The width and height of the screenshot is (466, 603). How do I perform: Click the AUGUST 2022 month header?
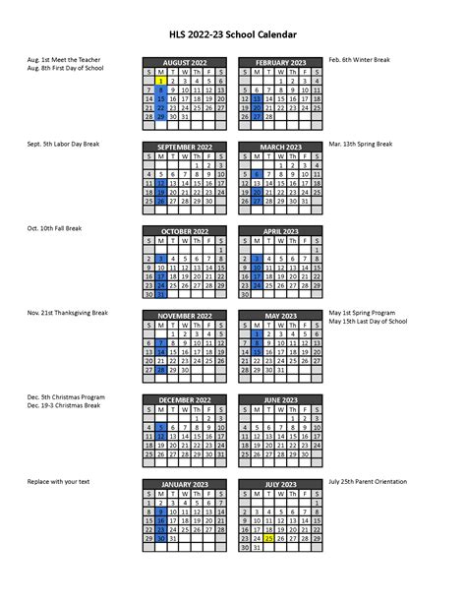[185, 62]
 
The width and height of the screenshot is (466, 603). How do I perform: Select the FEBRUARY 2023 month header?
[280, 62]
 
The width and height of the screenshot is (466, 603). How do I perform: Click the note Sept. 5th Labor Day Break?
[63, 145]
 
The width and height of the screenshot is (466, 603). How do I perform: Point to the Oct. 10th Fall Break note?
[55, 228]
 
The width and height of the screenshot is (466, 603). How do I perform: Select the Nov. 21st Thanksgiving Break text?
[68, 313]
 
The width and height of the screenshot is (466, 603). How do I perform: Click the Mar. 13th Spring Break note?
[361, 145]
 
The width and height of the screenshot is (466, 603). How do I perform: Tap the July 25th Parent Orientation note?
[369, 482]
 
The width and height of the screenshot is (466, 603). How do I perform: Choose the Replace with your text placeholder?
[58, 482]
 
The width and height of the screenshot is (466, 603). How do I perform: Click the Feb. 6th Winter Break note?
[359, 60]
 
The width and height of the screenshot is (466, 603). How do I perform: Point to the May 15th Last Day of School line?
[368, 322]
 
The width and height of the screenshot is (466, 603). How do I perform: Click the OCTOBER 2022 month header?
[185, 231]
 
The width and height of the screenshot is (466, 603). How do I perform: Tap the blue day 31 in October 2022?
[161, 293]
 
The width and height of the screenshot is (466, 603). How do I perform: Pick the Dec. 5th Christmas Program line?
[66, 397]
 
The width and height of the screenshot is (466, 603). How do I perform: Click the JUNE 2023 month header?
[280, 400]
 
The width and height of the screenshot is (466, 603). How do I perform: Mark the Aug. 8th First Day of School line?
[65, 69]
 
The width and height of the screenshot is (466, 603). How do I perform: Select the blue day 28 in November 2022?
[161, 369]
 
